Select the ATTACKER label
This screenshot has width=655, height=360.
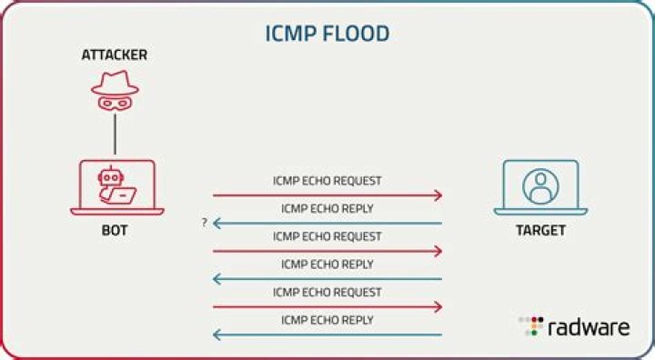click(115, 55)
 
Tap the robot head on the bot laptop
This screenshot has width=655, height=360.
click(108, 176)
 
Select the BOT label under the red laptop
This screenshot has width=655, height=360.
click(115, 231)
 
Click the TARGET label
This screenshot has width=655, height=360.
click(540, 231)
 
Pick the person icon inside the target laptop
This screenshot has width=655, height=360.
click(540, 185)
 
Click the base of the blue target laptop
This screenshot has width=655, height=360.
click(540, 212)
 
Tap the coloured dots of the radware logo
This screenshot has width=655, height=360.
click(530, 327)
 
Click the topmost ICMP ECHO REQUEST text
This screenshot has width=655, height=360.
click(327, 181)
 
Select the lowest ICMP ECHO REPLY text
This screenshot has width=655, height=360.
click(327, 320)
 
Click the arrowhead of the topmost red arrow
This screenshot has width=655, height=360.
click(438, 195)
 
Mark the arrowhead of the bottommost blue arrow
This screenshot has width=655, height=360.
click(217, 335)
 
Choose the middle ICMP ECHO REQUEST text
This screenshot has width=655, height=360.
click(327, 236)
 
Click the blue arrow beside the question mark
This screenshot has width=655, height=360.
click(327, 224)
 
